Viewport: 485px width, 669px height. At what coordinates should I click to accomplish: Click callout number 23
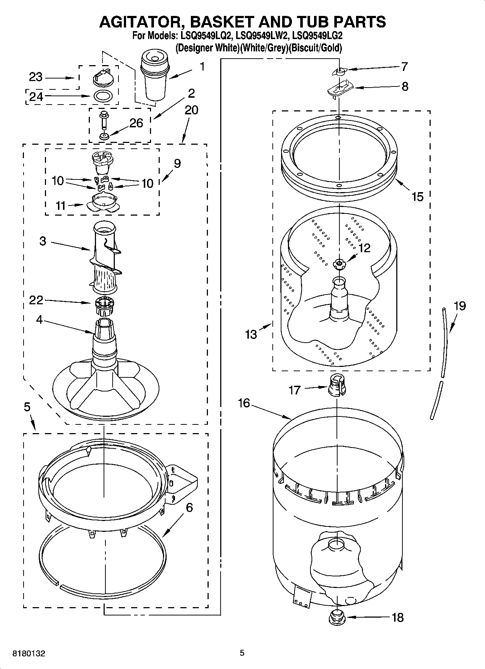[36, 77]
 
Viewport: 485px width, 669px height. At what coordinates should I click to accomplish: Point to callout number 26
[136, 123]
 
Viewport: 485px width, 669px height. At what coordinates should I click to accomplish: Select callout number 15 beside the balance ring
[417, 197]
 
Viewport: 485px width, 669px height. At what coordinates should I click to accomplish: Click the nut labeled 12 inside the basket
[339, 264]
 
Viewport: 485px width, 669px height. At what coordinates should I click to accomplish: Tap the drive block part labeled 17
[337, 386]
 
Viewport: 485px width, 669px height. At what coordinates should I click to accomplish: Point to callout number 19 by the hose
[459, 306]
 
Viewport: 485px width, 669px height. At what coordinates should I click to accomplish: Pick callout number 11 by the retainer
[60, 206]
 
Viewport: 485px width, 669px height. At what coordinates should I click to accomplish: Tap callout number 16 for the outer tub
[244, 403]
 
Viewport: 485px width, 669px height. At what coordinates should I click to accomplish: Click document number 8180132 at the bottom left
[29, 654]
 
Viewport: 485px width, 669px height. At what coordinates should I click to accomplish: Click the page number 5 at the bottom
[242, 653]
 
